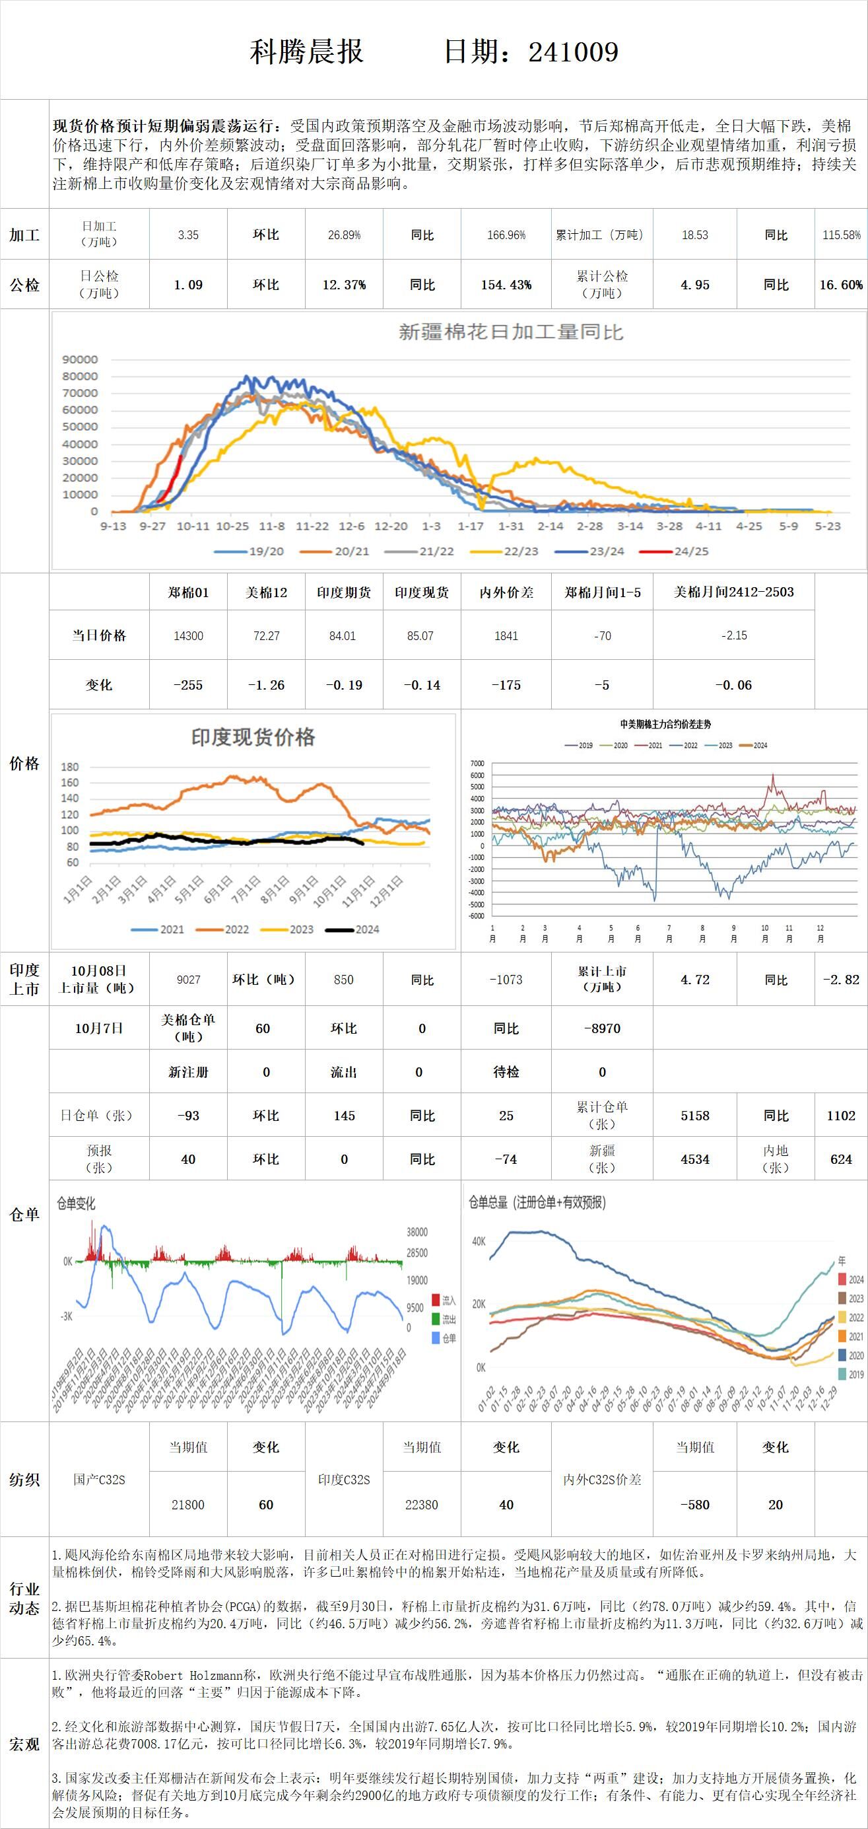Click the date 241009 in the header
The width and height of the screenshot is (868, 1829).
[x=573, y=52]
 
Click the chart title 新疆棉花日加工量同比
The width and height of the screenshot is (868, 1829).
[x=510, y=332]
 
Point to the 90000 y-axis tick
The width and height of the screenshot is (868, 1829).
[x=81, y=359]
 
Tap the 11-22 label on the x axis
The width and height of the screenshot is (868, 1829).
[x=312, y=526]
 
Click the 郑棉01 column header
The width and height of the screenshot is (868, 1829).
[x=188, y=592]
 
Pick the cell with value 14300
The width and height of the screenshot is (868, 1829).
[x=188, y=635]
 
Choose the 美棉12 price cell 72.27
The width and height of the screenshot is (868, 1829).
[x=266, y=635]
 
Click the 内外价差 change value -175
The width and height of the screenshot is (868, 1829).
[x=506, y=685]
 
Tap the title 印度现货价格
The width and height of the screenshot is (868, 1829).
[x=253, y=737]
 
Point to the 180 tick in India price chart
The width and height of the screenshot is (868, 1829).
[x=69, y=767]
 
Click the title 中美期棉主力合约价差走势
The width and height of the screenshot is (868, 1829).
[x=665, y=724]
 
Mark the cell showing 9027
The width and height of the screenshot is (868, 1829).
[x=188, y=980]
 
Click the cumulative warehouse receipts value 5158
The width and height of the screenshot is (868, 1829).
[x=695, y=1116]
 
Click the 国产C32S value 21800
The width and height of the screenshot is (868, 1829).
[x=188, y=1505]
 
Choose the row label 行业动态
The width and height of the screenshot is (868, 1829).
[x=24, y=1598]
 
